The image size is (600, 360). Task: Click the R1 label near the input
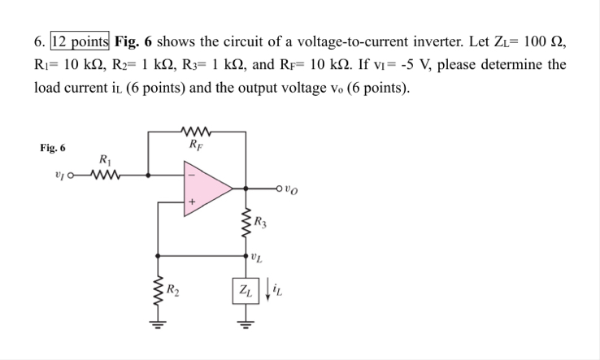(x=103, y=159)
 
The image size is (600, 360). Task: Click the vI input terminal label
(x=59, y=173)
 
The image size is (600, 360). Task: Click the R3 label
(x=260, y=220)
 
